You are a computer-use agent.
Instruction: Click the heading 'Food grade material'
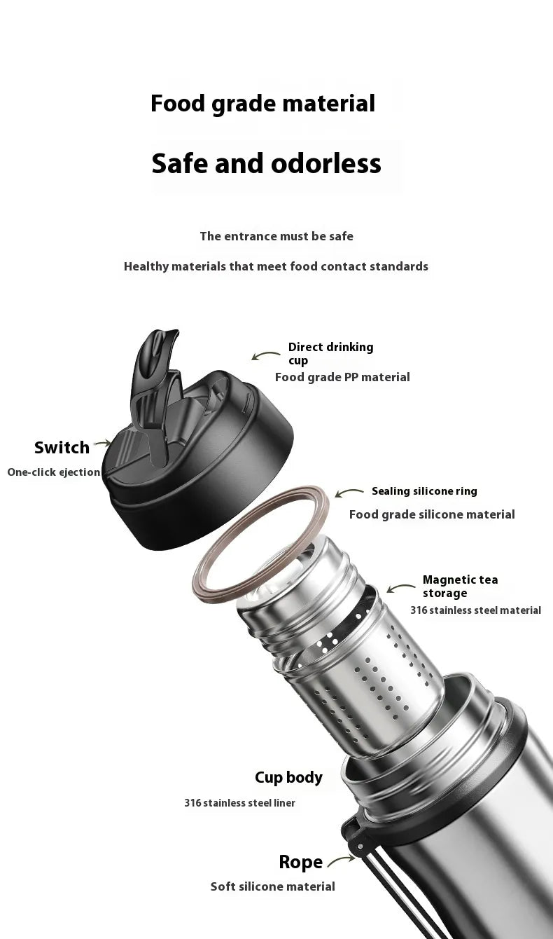262,104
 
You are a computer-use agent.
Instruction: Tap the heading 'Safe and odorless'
266,163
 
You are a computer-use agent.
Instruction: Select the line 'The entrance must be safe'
276,236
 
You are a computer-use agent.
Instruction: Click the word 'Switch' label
62,447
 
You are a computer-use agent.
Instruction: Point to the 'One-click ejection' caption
54,472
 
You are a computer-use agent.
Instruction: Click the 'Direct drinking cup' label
330,353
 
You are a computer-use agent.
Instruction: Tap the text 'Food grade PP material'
342,377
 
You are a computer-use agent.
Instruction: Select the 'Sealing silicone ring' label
424,491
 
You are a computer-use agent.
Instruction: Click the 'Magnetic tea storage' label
460,586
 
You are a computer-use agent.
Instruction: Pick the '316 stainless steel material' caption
475,610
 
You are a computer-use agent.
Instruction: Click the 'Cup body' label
288,777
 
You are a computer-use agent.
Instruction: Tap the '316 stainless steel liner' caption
239,803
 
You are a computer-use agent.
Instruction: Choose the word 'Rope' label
300,862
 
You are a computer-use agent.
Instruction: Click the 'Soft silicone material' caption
272,886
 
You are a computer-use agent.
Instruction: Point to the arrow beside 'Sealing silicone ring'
349,493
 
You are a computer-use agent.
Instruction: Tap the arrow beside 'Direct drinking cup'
265,356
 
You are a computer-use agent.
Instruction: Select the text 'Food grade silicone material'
432,514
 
